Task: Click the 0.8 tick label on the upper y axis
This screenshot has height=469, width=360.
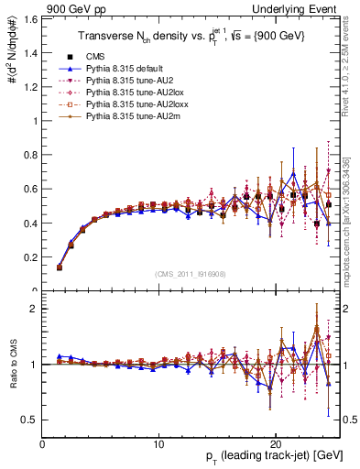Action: tap(31, 155)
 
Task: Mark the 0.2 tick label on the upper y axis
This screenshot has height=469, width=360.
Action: tap(31, 256)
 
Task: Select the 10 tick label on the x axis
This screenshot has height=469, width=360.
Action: tap(158, 443)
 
